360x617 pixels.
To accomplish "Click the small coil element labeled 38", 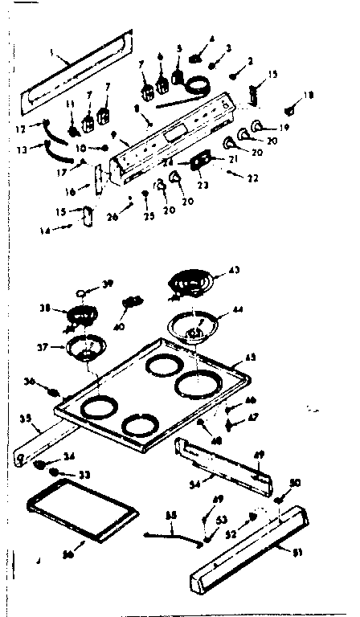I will click(80, 314).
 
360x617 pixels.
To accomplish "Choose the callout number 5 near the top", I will click(179, 48).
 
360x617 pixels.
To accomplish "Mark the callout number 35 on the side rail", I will click(24, 419).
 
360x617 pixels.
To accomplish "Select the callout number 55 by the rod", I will click(170, 515).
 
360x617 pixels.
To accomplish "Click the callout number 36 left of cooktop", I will click(31, 383).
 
